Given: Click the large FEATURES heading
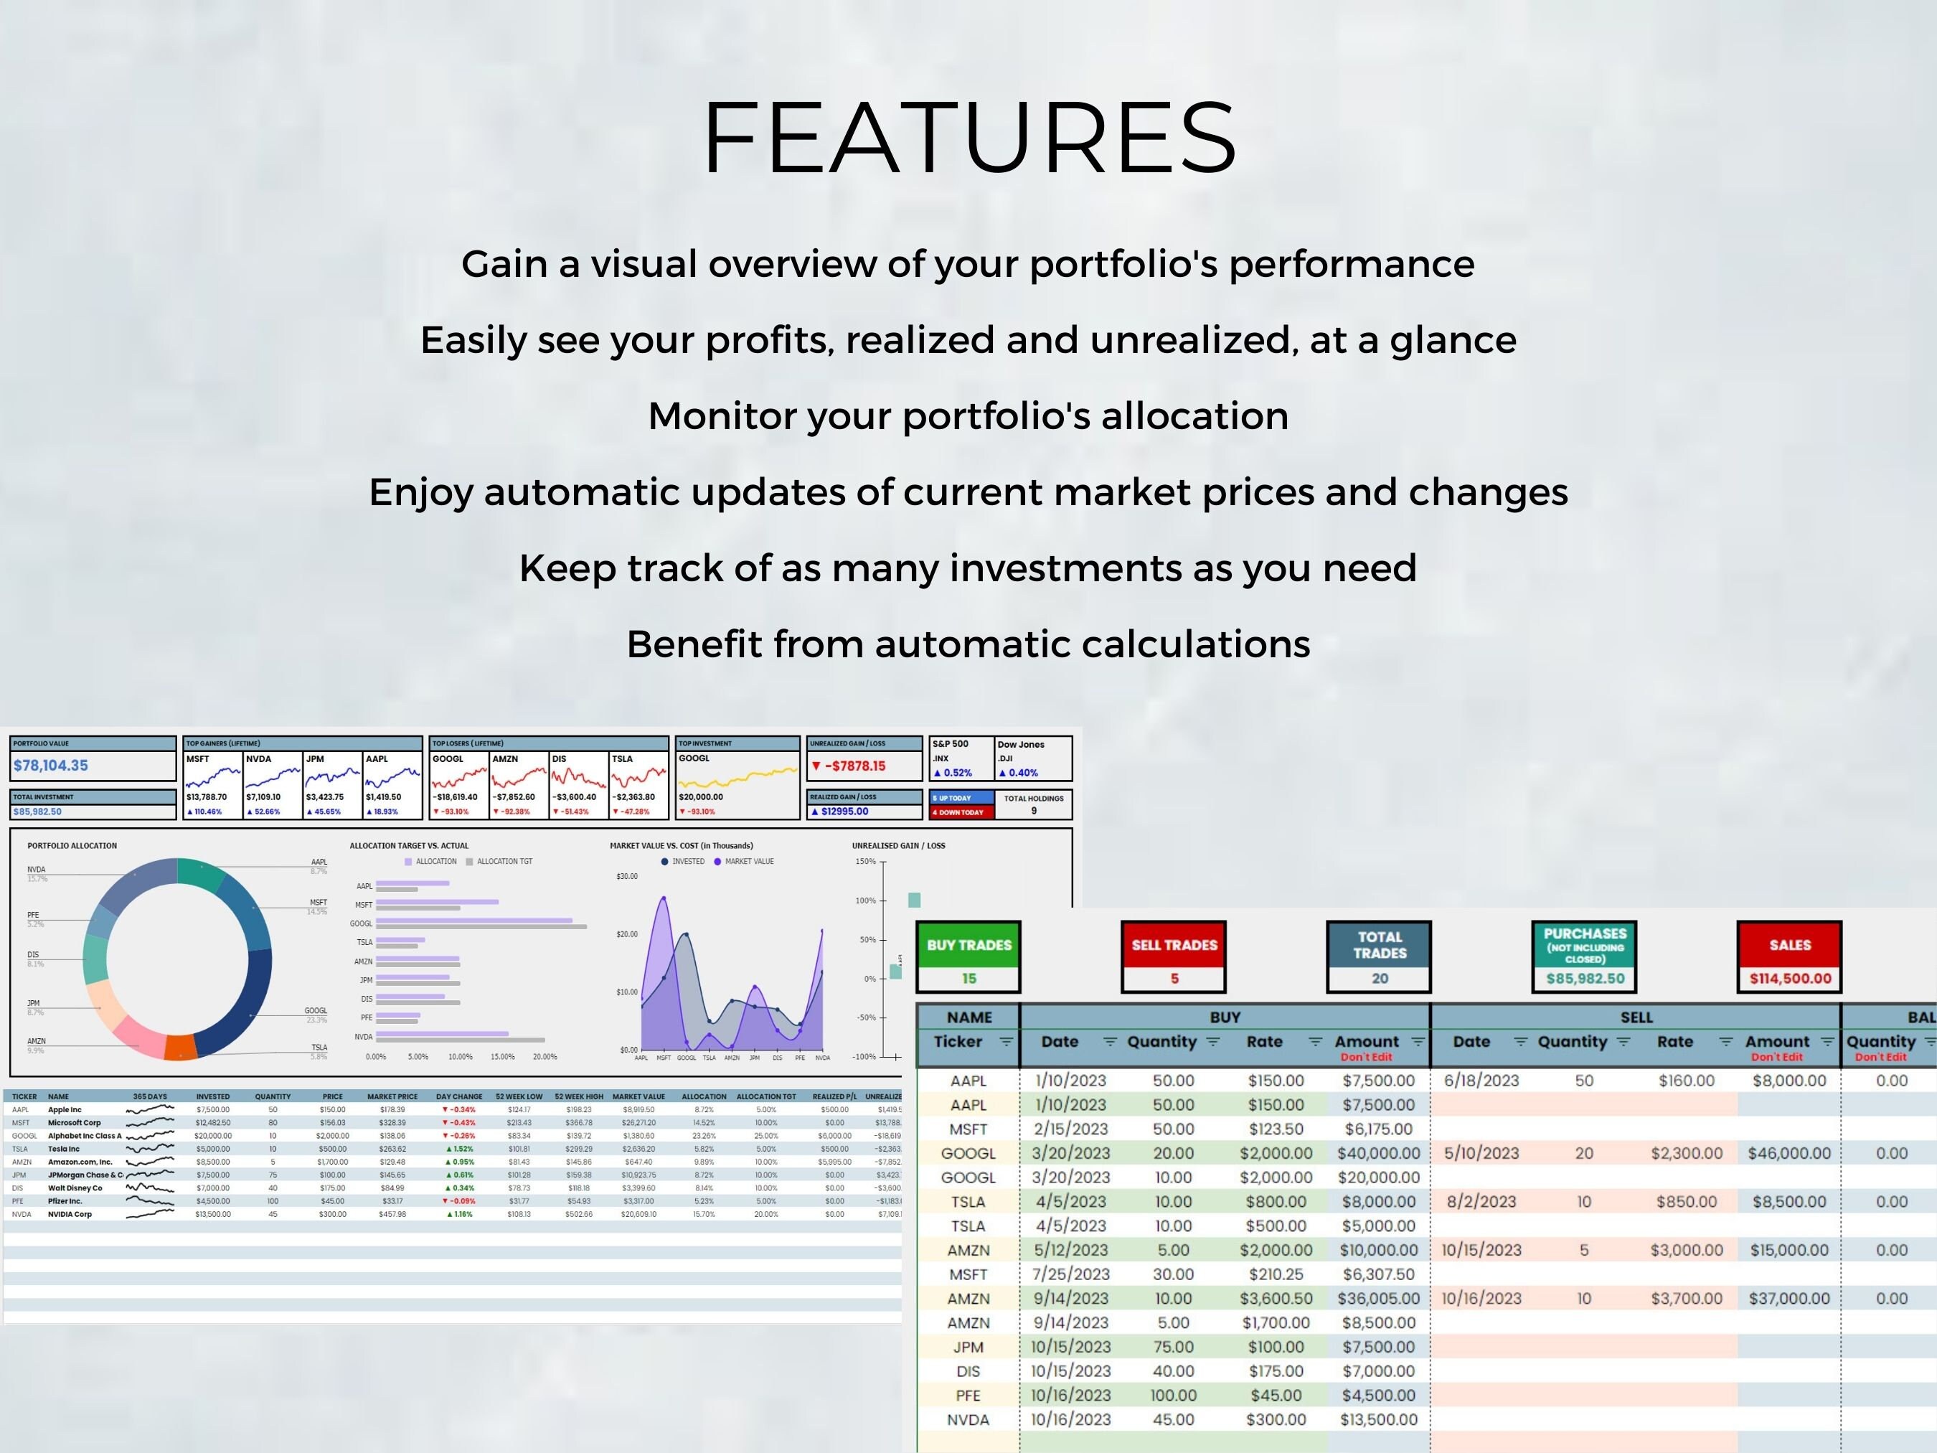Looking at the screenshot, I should pyautogui.click(x=968, y=138).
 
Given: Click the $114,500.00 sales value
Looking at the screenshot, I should pyautogui.click(x=1790, y=978).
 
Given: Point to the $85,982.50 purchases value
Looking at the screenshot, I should pyautogui.click(x=1585, y=978).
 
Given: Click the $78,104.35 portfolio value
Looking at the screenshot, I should pyautogui.click(x=51, y=766).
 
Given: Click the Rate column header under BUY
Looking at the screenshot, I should pyautogui.click(x=1263, y=1041).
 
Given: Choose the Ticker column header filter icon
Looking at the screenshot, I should pyautogui.click(x=1006, y=1041).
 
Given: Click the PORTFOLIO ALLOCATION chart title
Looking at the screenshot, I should pyautogui.click(x=72, y=846).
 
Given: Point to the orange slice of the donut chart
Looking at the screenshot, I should pyautogui.click(x=180, y=1048).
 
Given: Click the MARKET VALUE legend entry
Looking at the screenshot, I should pyautogui.click(x=749, y=862).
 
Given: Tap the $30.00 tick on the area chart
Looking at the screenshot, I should pyautogui.click(x=627, y=877).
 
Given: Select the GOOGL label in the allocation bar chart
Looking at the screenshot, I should pyautogui.click(x=361, y=924).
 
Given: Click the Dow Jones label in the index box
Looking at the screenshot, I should pyautogui.click(x=1020, y=745).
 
